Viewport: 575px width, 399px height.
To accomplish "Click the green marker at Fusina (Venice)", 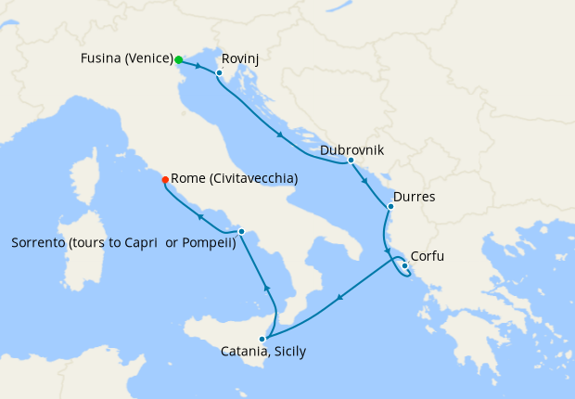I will (x=178, y=59).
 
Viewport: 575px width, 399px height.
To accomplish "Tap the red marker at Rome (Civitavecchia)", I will (x=165, y=179).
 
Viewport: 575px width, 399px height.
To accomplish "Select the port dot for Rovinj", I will (x=219, y=72).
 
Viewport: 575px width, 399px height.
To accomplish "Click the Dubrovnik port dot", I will (x=351, y=161).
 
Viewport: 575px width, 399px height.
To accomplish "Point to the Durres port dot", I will (x=390, y=206).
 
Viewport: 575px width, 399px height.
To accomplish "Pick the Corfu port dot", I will (x=404, y=266).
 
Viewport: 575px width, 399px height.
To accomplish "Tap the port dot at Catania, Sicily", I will (x=262, y=339).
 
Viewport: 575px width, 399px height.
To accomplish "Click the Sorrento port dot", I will (x=241, y=231).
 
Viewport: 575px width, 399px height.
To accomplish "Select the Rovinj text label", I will (x=240, y=59).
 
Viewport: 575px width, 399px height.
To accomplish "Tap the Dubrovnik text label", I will (x=351, y=149).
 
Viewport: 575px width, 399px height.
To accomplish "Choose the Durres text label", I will (x=415, y=197).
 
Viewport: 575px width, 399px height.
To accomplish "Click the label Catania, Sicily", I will (x=263, y=352).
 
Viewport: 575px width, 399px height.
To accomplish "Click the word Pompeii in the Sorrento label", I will (x=208, y=243).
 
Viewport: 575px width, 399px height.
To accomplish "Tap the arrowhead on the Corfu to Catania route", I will (x=339, y=298).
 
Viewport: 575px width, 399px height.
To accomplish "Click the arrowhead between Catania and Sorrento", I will (x=267, y=288).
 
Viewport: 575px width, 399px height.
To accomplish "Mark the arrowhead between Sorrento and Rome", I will (x=198, y=217).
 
